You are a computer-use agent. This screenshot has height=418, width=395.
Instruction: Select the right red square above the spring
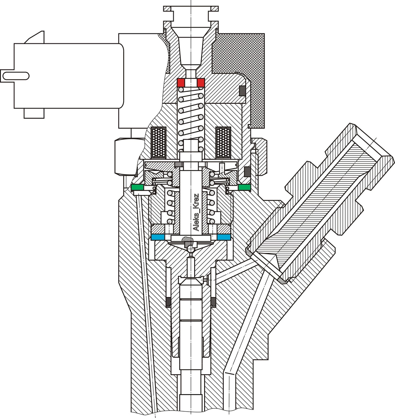(201, 83)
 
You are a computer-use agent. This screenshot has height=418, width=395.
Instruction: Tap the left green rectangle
(137, 187)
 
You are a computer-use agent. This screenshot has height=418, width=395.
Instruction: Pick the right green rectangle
(244, 187)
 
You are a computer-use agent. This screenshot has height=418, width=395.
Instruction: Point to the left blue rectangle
(158, 237)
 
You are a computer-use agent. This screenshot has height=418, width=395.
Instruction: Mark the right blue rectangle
(224, 237)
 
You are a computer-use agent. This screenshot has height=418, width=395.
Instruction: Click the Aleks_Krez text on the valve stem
(196, 212)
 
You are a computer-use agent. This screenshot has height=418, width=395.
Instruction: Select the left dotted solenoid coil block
(159, 142)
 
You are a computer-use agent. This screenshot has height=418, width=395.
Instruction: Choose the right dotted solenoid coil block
(223, 142)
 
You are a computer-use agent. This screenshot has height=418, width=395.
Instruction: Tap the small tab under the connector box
(34, 113)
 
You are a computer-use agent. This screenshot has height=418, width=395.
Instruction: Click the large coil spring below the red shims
(191, 115)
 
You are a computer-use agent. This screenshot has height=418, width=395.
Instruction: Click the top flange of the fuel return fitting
(191, 8)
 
